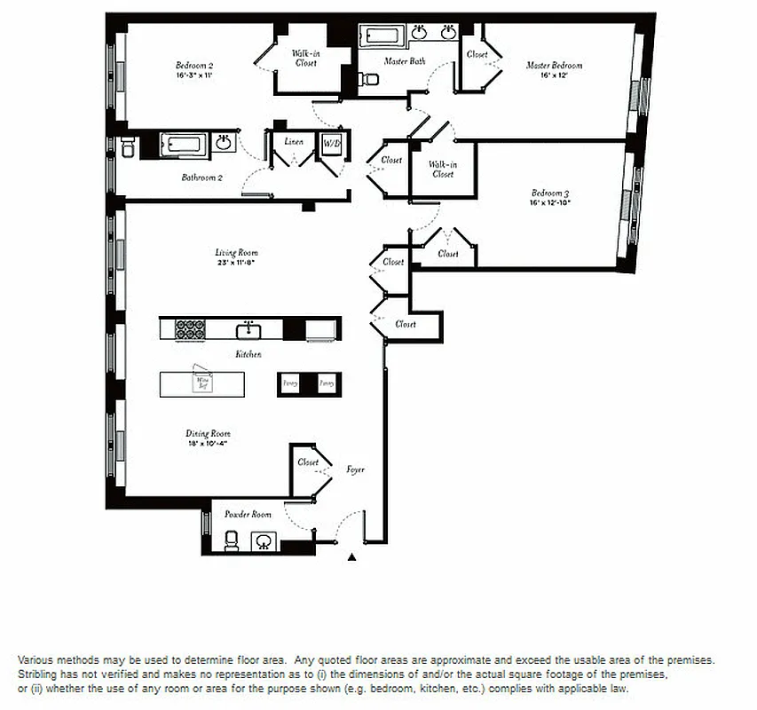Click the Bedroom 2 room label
193,66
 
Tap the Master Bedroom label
554,66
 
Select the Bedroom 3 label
550,193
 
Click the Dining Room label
208,434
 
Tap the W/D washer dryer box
331,143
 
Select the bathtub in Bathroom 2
183,144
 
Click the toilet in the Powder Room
232,540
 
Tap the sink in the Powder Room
263,540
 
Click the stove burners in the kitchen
190,329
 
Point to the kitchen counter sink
249,330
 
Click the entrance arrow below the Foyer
351,557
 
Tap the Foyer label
355,469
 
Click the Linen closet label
294,142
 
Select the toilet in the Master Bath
367,80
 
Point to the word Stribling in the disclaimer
39,674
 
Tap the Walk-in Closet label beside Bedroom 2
306,59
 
